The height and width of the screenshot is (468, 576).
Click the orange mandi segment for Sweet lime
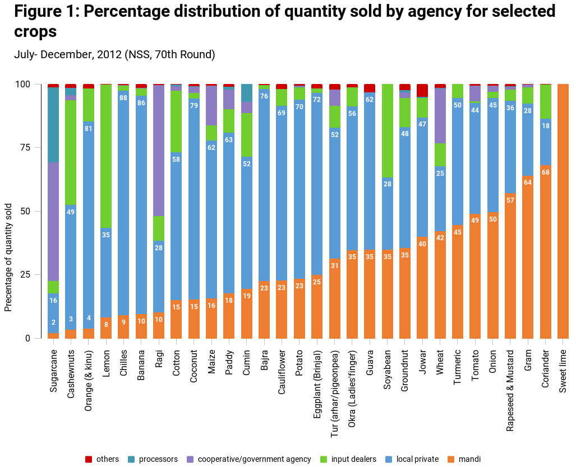coord(563,211)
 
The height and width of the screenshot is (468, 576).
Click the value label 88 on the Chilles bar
coord(123,97)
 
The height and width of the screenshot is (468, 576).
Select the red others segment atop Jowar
coord(422,90)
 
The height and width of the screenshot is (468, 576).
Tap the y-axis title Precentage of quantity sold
coord(8,249)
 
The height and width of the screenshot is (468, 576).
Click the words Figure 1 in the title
coord(45,11)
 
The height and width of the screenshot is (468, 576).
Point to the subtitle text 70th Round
coord(185,54)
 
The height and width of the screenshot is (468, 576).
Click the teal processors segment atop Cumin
coord(247,92)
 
